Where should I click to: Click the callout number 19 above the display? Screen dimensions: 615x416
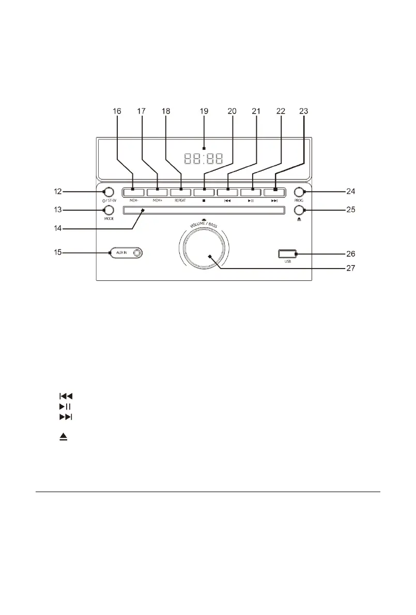[x=204, y=112]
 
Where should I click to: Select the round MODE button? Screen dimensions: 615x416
[x=108, y=210]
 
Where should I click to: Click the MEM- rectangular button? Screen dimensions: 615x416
[x=134, y=192]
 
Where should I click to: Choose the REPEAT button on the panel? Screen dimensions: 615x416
[x=181, y=192]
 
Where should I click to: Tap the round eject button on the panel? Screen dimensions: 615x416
[x=300, y=210]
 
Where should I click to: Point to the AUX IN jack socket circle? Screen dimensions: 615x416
[x=136, y=253]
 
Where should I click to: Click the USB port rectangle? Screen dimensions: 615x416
[x=287, y=254]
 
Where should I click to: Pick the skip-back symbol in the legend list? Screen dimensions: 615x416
[x=66, y=396]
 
